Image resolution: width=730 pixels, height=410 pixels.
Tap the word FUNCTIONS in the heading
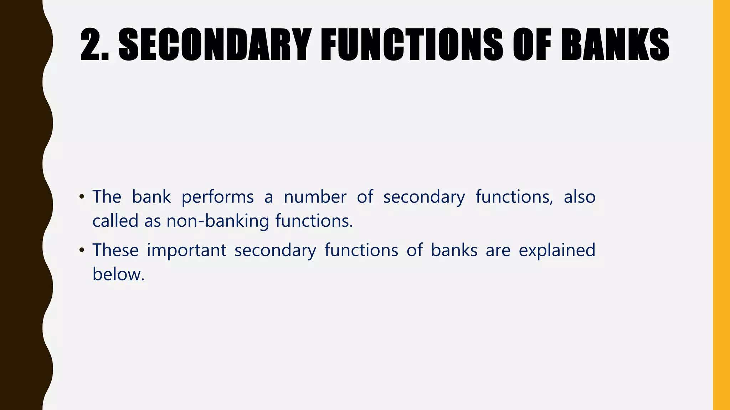(x=412, y=44)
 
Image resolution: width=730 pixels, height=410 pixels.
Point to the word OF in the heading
(x=532, y=44)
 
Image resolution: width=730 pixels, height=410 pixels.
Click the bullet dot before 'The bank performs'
(x=82, y=197)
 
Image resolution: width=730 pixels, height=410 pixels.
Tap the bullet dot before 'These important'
(x=82, y=250)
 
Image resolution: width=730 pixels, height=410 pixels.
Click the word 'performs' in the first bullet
(x=217, y=198)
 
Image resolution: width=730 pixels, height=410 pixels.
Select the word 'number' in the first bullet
(x=315, y=197)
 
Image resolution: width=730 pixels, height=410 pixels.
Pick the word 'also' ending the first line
(x=580, y=197)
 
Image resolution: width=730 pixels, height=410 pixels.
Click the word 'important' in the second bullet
(x=186, y=251)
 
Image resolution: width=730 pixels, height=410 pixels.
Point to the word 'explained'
(x=557, y=251)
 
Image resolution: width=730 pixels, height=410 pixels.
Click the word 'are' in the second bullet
(x=498, y=251)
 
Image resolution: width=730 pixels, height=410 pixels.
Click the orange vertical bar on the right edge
(x=721, y=205)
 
